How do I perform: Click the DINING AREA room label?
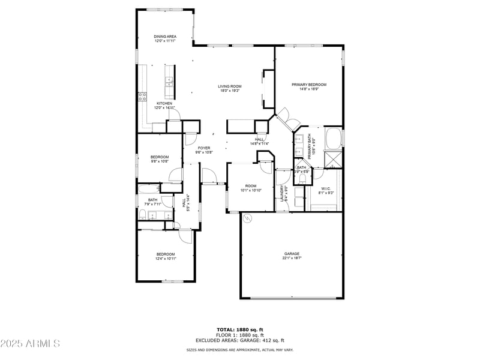point(165,37)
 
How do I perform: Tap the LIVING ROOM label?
point(230,86)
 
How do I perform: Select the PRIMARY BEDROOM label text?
point(309,85)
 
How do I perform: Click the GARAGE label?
point(292,254)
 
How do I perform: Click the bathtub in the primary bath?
point(333,137)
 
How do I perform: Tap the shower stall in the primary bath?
point(332,159)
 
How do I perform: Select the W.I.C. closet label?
point(326,190)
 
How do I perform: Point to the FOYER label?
point(204,148)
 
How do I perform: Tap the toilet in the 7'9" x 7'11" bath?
point(142,215)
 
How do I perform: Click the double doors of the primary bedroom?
point(287,118)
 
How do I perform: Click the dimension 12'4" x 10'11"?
point(166,259)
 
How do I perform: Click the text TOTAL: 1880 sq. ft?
point(240,329)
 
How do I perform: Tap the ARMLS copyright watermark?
point(30,343)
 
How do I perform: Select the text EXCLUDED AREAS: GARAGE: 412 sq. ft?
point(240,340)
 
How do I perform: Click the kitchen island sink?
point(169,80)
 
